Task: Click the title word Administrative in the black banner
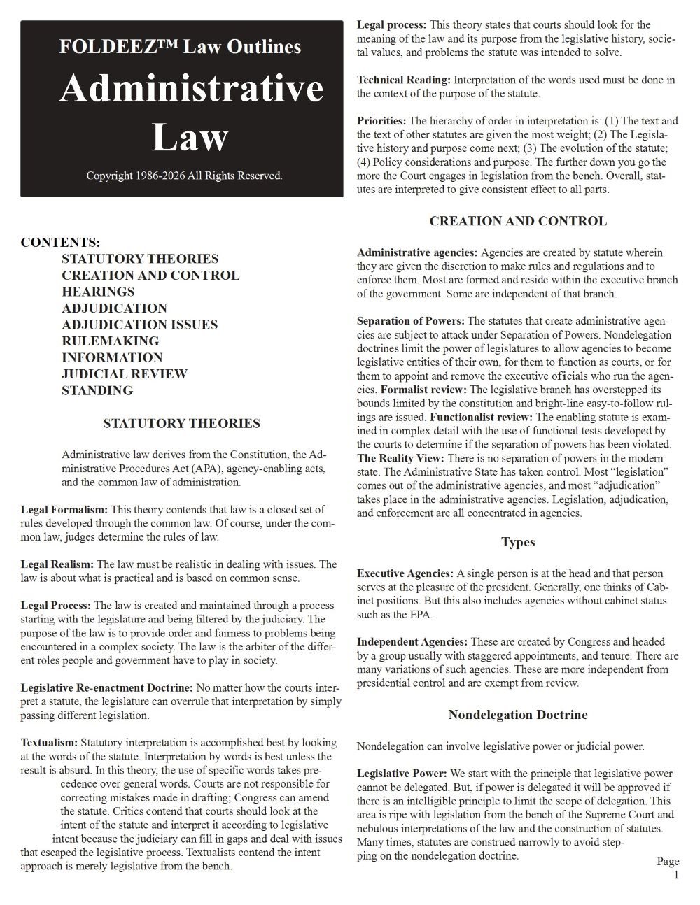click(190, 89)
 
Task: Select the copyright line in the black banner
click(184, 176)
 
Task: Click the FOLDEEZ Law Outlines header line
click(181, 47)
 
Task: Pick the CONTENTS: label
click(60, 243)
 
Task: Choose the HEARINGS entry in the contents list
click(98, 292)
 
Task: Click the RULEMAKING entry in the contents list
click(110, 341)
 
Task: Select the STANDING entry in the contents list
click(97, 390)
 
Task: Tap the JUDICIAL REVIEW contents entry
click(125, 374)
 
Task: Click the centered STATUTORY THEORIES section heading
click(181, 423)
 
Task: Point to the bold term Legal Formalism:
click(64, 510)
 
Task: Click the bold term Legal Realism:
click(57, 564)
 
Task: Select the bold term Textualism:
click(50, 743)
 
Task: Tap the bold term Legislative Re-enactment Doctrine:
click(107, 688)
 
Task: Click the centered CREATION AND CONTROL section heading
click(517, 221)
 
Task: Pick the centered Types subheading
click(518, 542)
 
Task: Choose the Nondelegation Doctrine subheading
click(517, 715)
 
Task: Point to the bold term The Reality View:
click(400, 458)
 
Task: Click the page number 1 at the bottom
click(675, 875)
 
